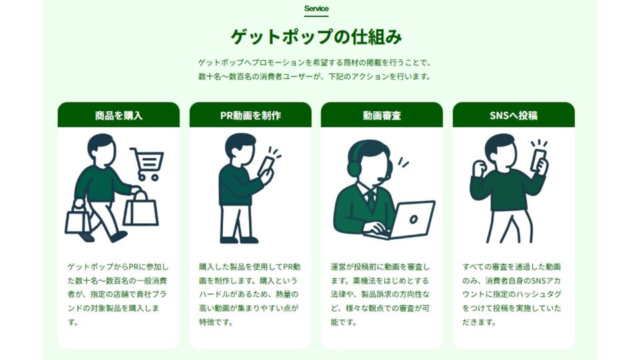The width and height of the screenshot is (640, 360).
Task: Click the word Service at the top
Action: pyautogui.click(x=316, y=9)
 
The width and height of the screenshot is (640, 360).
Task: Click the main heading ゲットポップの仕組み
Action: pyautogui.click(x=316, y=37)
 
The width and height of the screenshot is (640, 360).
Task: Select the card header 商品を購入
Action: pyautogui.click(x=119, y=115)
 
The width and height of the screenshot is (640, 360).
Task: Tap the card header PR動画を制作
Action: pyautogui.click(x=250, y=115)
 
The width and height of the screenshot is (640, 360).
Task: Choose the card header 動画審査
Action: pyautogui.click(x=381, y=115)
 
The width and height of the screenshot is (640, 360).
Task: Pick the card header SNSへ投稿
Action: pyautogui.click(x=513, y=115)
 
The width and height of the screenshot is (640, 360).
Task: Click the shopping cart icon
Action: pyautogui.click(x=147, y=164)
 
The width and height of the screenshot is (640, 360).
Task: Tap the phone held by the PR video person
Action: pyautogui.click(x=267, y=167)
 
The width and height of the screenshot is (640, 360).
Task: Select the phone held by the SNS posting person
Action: pyautogui.click(x=539, y=161)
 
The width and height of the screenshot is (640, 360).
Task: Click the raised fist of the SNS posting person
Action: pyautogui.click(x=479, y=167)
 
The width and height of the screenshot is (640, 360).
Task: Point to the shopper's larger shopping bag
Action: pyautogui.click(x=141, y=209)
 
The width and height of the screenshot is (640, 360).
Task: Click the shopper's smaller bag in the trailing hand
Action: pyautogui.click(x=77, y=219)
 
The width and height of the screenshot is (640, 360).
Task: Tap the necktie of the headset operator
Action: pyautogui.click(x=371, y=198)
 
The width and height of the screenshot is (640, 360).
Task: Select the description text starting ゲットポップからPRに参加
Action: pyautogui.click(x=119, y=294)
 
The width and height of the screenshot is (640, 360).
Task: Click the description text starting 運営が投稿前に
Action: pyautogui.click(x=381, y=294)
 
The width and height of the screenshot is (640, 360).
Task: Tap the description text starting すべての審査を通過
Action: pyautogui.click(x=512, y=294)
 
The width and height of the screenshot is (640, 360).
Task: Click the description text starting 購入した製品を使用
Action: pyautogui.click(x=250, y=294)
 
